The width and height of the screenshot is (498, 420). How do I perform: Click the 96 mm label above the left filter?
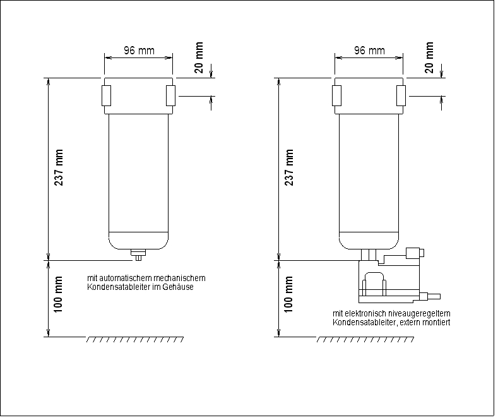point(138,51)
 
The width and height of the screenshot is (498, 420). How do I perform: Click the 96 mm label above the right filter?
point(369,51)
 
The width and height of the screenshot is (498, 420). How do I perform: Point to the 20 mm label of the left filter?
point(199,58)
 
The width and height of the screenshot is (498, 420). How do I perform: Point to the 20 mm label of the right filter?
point(429,58)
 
